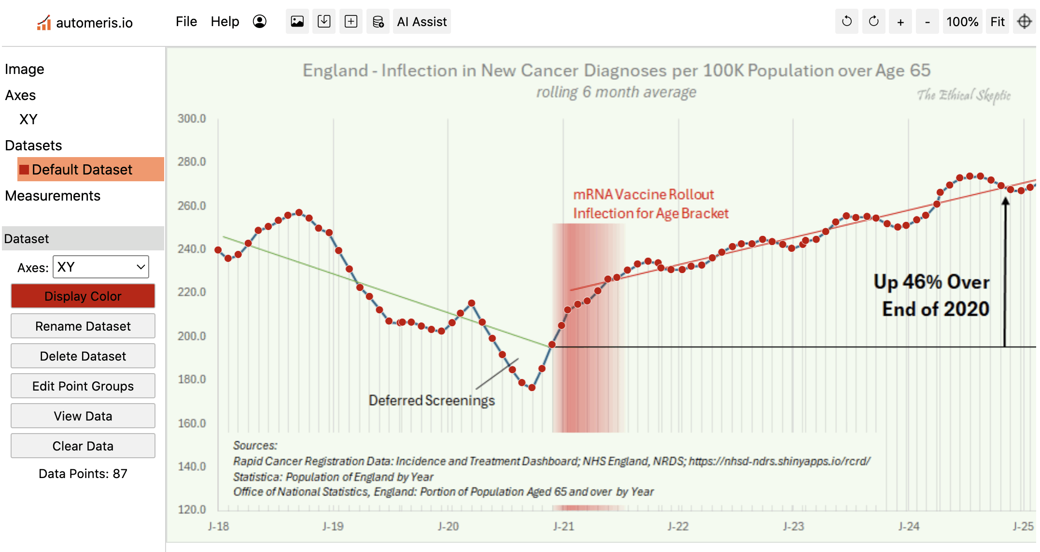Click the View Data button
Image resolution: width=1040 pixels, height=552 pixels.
coord(83,416)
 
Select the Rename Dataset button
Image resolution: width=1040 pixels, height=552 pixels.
coord(83,326)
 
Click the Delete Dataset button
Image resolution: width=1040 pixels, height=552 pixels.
coord(83,356)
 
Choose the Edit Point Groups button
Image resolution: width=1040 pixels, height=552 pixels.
coord(83,386)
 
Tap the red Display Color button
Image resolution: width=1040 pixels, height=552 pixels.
coord(83,296)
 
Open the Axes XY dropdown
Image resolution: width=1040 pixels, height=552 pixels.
coord(100,267)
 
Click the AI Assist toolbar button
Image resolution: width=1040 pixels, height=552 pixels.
coord(422,22)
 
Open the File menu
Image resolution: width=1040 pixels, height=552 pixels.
coord(186,22)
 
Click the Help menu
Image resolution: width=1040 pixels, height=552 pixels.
coord(225,22)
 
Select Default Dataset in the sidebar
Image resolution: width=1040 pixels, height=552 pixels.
coord(82,170)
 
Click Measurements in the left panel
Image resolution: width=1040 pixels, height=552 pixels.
coord(53,196)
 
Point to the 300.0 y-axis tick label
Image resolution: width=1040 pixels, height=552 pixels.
coord(192,118)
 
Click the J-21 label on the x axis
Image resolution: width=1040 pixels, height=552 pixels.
coord(563,526)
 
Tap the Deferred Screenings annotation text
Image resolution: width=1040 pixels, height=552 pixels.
coord(432,401)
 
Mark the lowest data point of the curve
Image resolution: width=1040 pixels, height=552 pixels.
coord(532,388)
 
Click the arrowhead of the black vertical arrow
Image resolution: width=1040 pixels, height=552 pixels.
coord(1005,202)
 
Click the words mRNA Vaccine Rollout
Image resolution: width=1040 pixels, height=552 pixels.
coord(643,194)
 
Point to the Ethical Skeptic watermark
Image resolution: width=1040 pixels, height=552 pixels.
coord(964,95)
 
